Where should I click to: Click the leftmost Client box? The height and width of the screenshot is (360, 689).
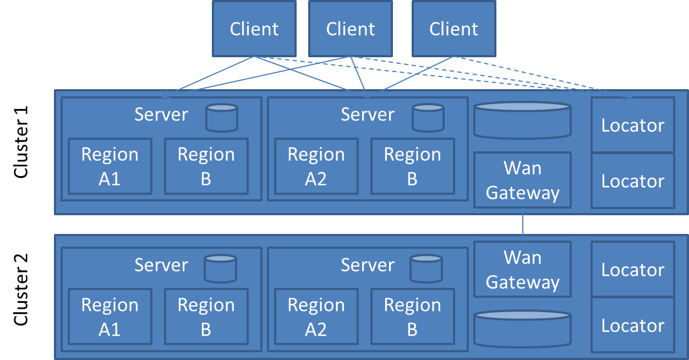coord(254,29)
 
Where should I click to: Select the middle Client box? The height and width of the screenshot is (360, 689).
coord(350,29)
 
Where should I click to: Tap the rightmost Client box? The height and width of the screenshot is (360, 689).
coord(453,29)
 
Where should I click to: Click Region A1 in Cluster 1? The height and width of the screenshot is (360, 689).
coord(110,166)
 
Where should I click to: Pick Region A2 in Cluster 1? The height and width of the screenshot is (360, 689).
coord(316,166)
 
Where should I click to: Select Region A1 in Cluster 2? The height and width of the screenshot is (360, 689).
coord(110,317)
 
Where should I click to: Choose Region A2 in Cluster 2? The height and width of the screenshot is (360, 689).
coord(316,317)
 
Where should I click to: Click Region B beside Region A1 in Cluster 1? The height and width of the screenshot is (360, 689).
coord(206,166)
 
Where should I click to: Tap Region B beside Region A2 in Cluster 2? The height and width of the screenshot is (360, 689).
coord(412,317)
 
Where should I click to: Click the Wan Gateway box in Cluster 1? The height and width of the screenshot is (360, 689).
coord(522,180)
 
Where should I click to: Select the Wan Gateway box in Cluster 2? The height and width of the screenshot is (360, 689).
coord(522,269)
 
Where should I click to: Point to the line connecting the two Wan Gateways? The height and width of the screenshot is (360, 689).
coord(522,225)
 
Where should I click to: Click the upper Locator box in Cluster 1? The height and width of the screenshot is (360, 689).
coord(632,125)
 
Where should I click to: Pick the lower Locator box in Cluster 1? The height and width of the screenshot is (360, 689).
coord(632,181)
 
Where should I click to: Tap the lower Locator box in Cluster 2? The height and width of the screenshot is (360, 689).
coord(632,325)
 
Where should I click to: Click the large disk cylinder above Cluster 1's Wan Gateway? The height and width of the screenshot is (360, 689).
coord(522,120)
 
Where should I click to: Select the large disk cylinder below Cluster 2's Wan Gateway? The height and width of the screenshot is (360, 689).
coord(522,329)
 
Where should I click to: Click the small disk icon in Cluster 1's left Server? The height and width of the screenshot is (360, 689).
coord(222,118)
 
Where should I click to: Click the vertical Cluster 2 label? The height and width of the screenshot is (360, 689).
coord(21,290)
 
